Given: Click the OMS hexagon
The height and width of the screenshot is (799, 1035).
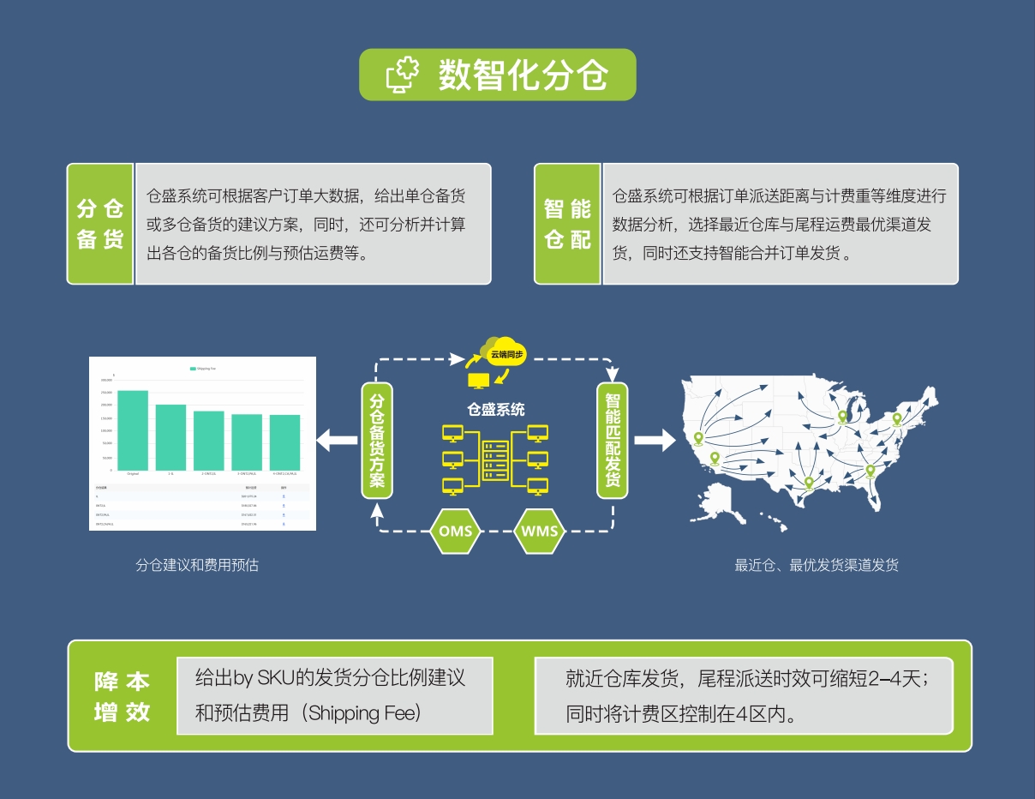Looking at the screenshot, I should tap(455, 531).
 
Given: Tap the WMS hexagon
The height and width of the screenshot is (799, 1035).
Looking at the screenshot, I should tap(540, 531).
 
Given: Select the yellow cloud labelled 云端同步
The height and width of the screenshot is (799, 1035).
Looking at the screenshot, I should tap(504, 351).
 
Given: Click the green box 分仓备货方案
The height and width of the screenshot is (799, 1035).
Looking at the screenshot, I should tap(377, 440).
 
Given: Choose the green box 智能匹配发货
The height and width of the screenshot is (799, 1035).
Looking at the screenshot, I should tap(613, 440).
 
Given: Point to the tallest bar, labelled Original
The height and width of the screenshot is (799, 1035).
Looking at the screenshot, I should tap(133, 430).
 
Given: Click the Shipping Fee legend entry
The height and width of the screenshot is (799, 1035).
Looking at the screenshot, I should tap(203, 369).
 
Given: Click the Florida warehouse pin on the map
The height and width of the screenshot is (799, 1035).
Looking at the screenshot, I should tap(870, 471).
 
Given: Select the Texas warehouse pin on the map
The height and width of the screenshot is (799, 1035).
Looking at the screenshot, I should tap(808, 484).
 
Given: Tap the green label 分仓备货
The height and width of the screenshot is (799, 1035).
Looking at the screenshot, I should tap(100, 224).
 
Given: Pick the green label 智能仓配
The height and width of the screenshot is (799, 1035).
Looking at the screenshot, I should tap(567, 224).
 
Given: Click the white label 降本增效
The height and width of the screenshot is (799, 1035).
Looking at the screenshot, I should tap(123, 696).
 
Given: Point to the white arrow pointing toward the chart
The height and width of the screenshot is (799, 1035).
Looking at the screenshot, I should tap(337, 442).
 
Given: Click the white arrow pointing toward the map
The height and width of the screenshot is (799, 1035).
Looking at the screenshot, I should tap(655, 442).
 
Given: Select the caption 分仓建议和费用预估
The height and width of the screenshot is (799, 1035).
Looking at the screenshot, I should tap(197, 565).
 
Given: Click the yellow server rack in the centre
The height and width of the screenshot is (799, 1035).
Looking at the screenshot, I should tap(495, 460).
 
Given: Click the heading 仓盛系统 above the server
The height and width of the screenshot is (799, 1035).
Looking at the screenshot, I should tap(495, 410).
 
